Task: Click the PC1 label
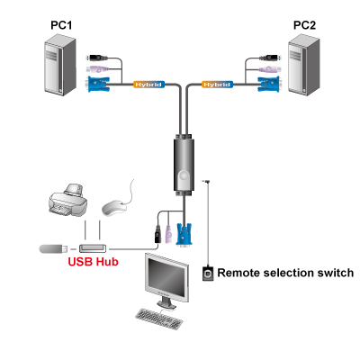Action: (61, 25)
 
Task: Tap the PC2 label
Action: (304, 25)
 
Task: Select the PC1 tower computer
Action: (60, 65)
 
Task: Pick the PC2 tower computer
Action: (303, 65)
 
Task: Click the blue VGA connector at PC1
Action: (98, 85)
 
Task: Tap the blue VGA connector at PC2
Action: (269, 85)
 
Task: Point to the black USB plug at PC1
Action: (97, 58)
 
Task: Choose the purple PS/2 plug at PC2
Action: (270, 69)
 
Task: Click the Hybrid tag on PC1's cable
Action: (148, 85)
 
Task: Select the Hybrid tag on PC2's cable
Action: (217, 85)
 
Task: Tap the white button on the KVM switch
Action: (184, 178)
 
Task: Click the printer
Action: (67, 200)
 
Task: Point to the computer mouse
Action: (114, 208)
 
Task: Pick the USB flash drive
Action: (53, 248)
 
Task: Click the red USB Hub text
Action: (93, 262)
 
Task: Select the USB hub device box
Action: (93, 248)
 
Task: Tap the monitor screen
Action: (167, 277)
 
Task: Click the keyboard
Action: (158, 319)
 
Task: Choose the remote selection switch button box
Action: (208, 274)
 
